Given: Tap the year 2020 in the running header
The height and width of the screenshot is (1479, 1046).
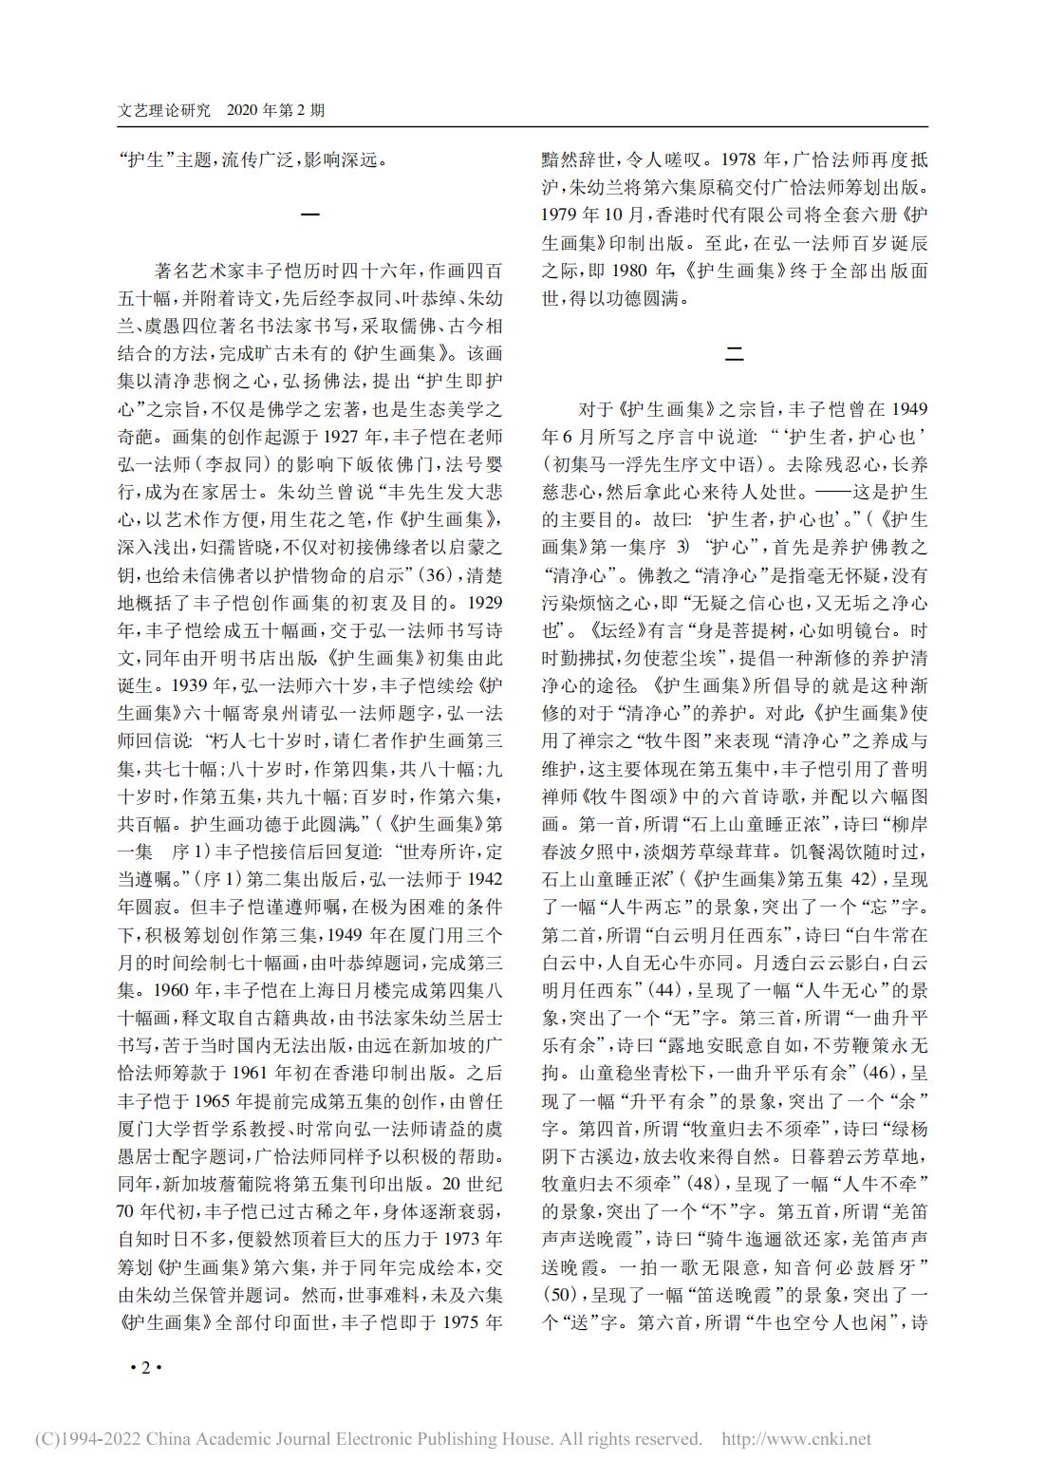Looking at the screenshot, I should click(x=249, y=111).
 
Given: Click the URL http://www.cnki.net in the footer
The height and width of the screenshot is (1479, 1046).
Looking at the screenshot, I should click(x=796, y=1439).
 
